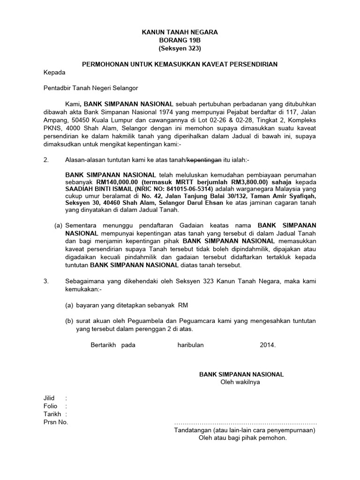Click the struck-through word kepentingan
coord(204,160)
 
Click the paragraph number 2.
coord(46,160)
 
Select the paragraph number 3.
coord(46,281)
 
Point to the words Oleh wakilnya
coord(241,382)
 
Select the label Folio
coord(51,406)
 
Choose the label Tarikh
coord(52,414)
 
